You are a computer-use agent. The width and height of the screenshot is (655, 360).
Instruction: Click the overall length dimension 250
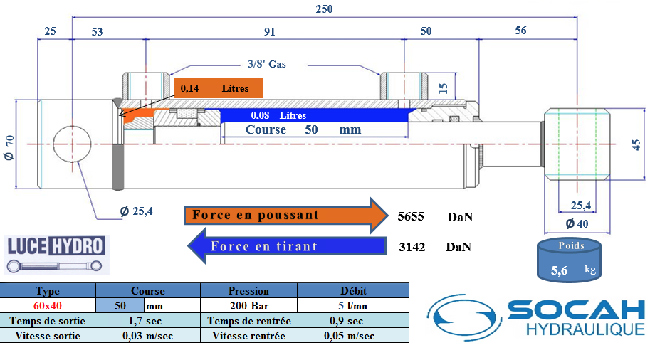pyautogui.click(x=324, y=9)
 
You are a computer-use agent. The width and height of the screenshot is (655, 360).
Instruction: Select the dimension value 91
pyautogui.click(x=269, y=31)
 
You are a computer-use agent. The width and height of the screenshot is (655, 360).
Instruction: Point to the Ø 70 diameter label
pyautogui.click(x=9, y=147)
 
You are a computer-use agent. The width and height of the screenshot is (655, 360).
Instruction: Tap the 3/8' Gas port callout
pyautogui.click(x=266, y=64)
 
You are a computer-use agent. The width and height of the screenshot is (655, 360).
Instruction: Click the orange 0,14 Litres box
pyautogui.click(x=219, y=88)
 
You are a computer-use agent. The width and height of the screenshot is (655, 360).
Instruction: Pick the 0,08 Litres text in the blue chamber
pyautogui.click(x=278, y=115)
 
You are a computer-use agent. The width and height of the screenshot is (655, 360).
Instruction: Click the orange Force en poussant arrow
pyautogui.click(x=286, y=215)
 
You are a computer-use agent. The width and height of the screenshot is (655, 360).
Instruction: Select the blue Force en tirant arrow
pyautogui.click(x=287, y=246)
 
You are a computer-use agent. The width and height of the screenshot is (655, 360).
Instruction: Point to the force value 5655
pyautogui.click(x=411, y=216)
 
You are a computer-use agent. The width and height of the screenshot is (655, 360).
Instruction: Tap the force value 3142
pyautogui.click(x=412, y=247)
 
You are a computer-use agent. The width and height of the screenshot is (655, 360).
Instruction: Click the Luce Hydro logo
pyautogui.click(x=56, y=255)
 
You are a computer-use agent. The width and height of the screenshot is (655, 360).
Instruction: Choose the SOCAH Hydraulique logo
pyautogui.click(x=536, y=317)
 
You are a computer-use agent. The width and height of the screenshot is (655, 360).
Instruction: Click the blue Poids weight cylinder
pyautogui.click(x=569, y=260)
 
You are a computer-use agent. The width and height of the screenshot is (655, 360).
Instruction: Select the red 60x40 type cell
pyautogui.click(x=48, y=306)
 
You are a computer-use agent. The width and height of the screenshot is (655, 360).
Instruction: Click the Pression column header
pyautogui.click(x=248, y=291)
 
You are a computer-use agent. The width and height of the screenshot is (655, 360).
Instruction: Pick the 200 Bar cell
pyautogui.click(x=249, y=306)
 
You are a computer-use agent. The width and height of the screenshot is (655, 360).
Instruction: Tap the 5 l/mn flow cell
pyautogui.click(x=353, y=306)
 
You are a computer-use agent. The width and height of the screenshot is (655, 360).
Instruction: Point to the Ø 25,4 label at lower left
pyautogui.click(x=136, y=211)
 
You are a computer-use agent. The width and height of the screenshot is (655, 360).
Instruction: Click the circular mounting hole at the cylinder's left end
pyautogui.click(x=73, y=144)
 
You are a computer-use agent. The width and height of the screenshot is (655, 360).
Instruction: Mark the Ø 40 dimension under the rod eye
pyautogui.click(x=577, y=224)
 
